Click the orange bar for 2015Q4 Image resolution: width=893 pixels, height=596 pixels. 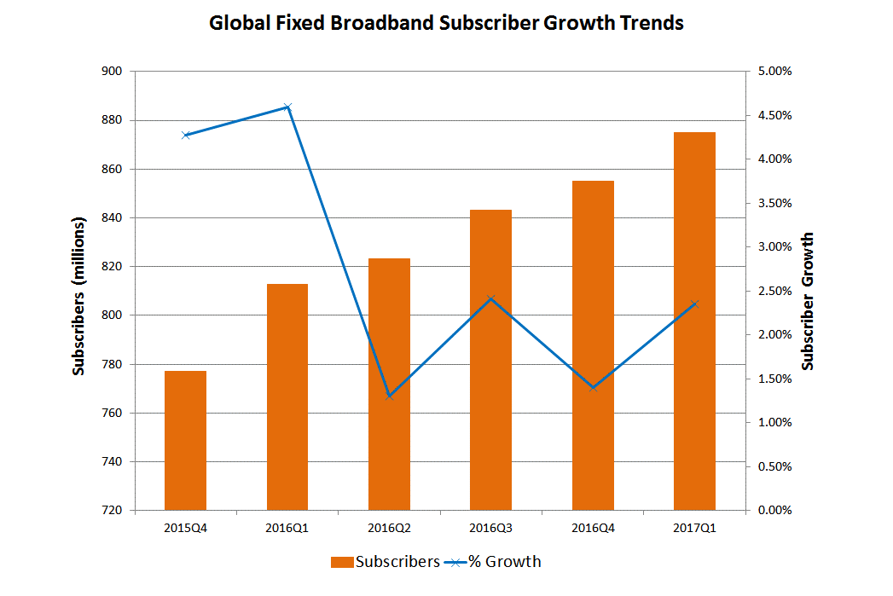pyautogui.click(x=185, y=440)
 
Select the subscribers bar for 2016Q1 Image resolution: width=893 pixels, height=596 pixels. pyautogui.click(x=287, y=396)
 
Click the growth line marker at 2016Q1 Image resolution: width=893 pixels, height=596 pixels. pyautogui.click(x=287, y=107)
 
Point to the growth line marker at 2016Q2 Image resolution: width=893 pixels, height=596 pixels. pyautogui.click(x=389, y=396)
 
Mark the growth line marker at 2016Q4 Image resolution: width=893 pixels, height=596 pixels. pyautogui.click(x=593, y=388)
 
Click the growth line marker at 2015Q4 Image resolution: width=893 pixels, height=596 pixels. pyautogui.click(x=185, y=136)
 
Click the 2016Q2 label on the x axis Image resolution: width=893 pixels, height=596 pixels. pyautogui.click(x=389, y=528)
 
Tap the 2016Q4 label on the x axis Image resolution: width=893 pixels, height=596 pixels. pyautogui.click(x=593, y=528)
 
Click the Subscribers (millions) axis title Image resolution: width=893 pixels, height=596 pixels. pyautogui.click(x=78, y=296)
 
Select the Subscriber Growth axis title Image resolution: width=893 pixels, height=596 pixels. pyautogui.click(x=809, y=301)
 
